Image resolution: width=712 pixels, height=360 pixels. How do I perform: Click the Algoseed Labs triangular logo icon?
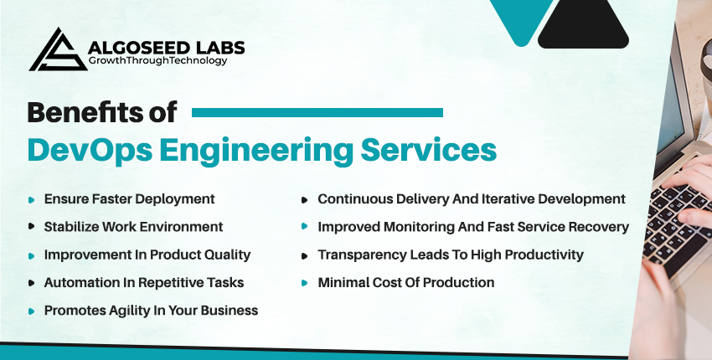click(x=58, y=50)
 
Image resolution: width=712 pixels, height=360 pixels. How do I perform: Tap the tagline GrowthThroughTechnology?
click(x=157, y=60)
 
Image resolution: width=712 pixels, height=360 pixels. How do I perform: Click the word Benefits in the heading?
click(x=79, y=112)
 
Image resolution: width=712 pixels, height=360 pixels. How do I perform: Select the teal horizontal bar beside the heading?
click(x=317, y=112)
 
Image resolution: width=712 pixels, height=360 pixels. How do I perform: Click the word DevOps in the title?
click(x=90, y=150)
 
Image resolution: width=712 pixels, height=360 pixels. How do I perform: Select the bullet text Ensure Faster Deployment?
click(x=129, y=199)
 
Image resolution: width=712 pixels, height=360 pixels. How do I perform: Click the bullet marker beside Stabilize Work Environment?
click(x=31, y=226)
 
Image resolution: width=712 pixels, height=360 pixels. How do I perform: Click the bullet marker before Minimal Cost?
click(x=304, y=283)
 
